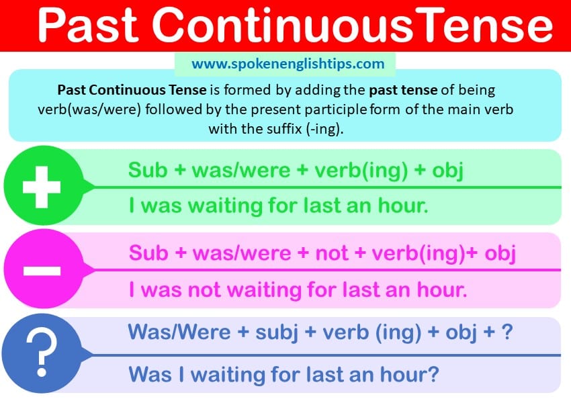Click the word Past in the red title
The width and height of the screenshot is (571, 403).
88,25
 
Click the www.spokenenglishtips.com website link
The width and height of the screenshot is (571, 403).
288,64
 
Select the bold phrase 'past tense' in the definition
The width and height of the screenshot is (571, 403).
403,90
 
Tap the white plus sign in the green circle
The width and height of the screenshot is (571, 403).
42,187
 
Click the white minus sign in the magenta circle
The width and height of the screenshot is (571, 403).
42,271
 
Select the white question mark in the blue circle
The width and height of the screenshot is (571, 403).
42,353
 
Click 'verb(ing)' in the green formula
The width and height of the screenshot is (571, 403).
361,171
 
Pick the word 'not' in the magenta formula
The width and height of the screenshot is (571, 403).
331,253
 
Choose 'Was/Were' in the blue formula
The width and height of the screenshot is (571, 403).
179,332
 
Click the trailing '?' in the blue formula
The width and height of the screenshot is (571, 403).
507,332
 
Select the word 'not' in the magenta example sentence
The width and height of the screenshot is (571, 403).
204,290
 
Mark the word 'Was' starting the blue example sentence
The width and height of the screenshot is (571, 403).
150,374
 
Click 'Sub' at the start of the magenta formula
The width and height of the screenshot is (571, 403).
148,253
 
